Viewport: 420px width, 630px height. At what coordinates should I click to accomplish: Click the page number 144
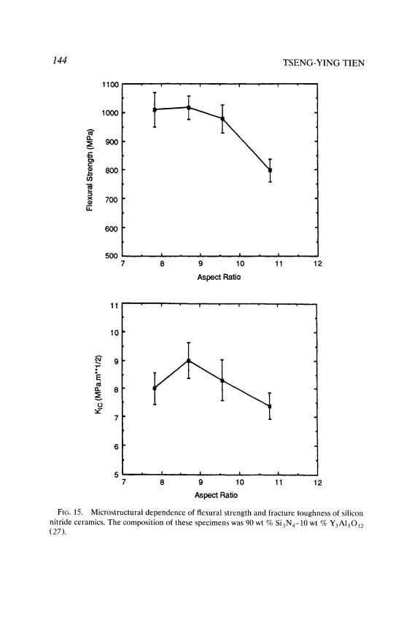click(x=58, y=61)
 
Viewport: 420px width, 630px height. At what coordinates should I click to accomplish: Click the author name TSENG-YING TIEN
click(x=324, y=63)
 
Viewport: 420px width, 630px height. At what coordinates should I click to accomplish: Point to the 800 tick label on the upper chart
click(x=112, y=170)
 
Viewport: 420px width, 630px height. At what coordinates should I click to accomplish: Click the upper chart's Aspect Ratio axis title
click(x=219, y=277)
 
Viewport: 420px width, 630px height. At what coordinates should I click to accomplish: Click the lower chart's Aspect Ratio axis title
click(x=216, y=494)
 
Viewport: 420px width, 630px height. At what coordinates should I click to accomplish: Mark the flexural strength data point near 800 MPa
click(x=270, y=171)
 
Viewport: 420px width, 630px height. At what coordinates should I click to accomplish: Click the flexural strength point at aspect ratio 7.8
click(x=155, y=109)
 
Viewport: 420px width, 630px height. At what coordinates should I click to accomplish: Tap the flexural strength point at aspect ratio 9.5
click(x=222, y=119)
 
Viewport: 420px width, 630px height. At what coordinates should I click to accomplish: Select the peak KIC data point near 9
click(x=189, y=360)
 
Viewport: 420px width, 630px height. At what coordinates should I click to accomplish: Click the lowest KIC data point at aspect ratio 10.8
click(x=270, y=406)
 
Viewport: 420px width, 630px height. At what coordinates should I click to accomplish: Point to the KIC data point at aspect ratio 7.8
click(x=155, y=388)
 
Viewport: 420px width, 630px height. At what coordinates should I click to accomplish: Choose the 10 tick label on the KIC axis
click(x=114, y=332)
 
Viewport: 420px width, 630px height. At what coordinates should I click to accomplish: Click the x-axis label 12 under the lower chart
click(x=317, y=483)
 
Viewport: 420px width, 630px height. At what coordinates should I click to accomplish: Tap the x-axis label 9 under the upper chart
click(x=201, y=263)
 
